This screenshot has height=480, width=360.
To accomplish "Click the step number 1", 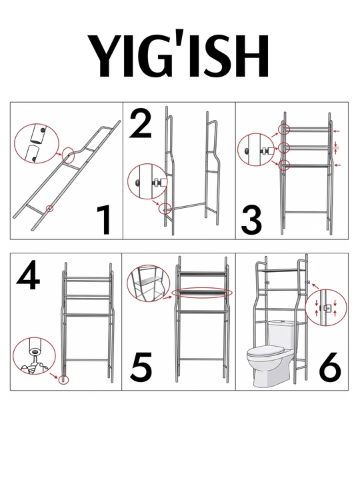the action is point(104,220).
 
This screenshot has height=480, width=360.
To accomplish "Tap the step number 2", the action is point(140,124).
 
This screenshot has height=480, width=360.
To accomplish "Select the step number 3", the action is point(251,220).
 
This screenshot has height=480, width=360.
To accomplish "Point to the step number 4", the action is point(28,275).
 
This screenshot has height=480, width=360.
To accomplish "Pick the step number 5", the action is point(141,367).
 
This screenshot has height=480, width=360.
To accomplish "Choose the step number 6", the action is point(330,367).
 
